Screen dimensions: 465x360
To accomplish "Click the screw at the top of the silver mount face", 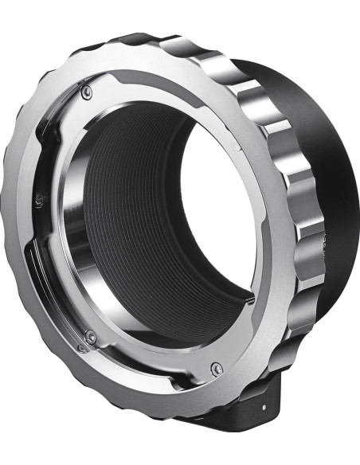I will coord(87,92).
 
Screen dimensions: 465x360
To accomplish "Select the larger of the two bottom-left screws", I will coord(91,337).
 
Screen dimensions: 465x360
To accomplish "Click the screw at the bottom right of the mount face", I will coord(217,368).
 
